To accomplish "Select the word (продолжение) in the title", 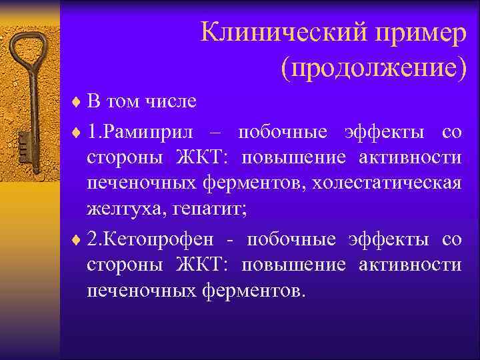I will click(x=373, y=68).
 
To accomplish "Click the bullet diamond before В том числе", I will click(x=75, y=103).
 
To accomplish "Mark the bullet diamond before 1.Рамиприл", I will click(x=75, y=132).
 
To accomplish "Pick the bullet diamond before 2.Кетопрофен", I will click(x=75, y=240).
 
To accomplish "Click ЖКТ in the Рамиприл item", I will click(x=201, y=157).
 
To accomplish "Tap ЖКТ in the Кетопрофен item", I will click(x=201, y=265).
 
